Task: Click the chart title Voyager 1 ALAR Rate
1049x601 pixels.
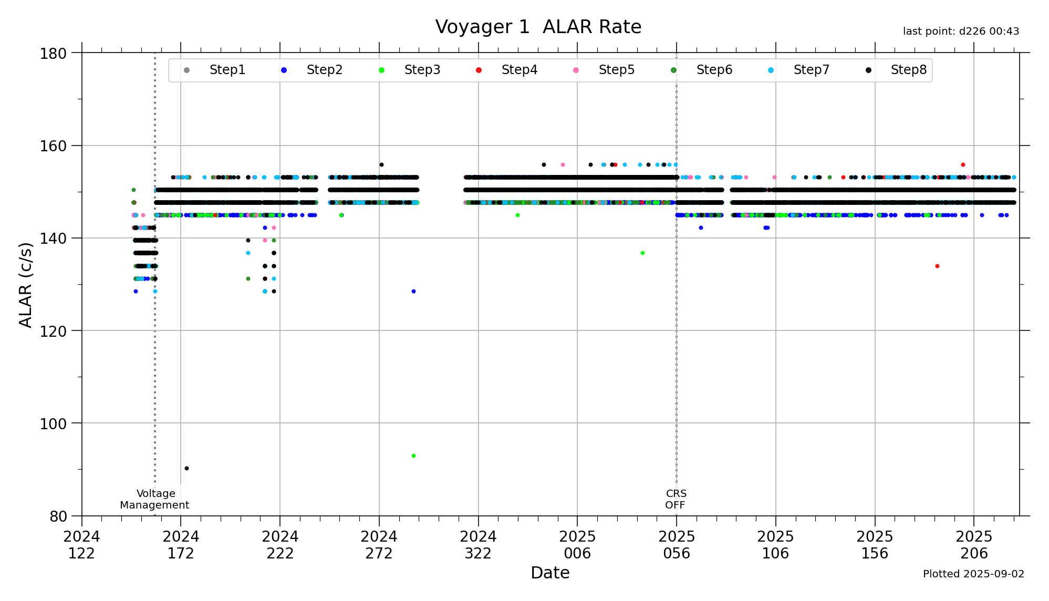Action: coord(538,27)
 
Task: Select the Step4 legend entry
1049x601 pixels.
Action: coord(519,70)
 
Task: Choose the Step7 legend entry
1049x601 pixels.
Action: coord(811,70)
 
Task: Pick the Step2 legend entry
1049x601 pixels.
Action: coord(324,70)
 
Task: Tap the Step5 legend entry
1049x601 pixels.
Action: coord(616,70)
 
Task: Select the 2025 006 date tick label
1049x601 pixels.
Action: coord(577,545)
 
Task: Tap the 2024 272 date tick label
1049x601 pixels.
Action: coord(379,545)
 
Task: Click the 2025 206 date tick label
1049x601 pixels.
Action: coord(973,545)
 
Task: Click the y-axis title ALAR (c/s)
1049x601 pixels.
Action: coord(25,284)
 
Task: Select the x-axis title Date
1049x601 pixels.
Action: coord(550,573)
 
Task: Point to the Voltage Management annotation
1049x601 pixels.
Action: coord(155,499)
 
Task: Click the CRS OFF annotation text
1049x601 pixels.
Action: coord(676,499)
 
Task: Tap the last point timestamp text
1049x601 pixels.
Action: coord(961,32)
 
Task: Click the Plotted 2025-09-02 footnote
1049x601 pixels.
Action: coord(973,574)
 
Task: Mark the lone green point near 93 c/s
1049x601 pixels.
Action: coord(413,455)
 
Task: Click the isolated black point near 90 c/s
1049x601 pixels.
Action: coord(186,468)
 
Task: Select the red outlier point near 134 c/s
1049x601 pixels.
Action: coord(937,266)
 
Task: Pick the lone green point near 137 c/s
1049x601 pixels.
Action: coord(642,253)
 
